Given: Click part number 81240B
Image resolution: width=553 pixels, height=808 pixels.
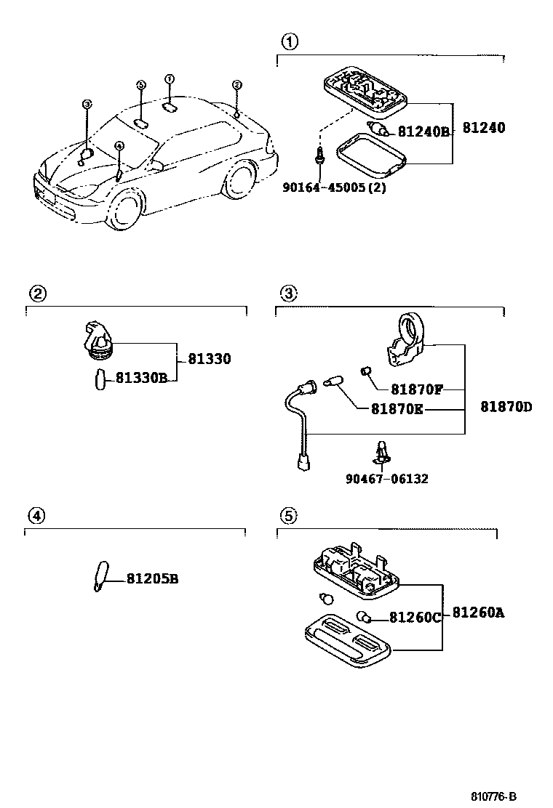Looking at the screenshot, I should click(x=423, y=132).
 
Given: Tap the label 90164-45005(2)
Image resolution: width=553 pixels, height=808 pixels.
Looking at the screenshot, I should click(x=334, y=187).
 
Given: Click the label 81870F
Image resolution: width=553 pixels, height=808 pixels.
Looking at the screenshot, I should click(x=416, y=389).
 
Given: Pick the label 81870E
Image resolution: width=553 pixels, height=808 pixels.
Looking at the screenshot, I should click(x=397, y=408).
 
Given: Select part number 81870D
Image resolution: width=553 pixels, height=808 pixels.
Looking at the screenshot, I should click(x=506, y=406).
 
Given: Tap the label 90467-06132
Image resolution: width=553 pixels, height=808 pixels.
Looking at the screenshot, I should click(x=387, y=478).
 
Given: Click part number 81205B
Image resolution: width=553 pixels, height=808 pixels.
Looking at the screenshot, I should click(x=152, y=579).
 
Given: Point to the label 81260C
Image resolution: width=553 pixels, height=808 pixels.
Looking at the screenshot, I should click(x=415, y=618).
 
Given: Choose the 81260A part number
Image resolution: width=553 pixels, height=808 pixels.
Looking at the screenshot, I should click(x=478, y=613).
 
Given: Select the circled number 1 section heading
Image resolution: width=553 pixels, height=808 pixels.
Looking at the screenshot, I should click(x=289, y=41).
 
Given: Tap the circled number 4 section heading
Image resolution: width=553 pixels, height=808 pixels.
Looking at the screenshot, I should click(x=36, y=516).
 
